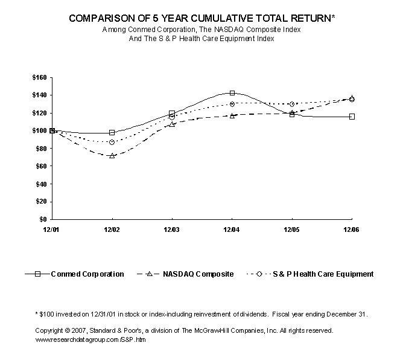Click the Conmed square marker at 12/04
[x=232, y=93]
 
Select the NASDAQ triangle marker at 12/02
[x=112, y=155]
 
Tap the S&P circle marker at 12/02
[x=112, y=142]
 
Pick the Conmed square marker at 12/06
[x=352, y=116]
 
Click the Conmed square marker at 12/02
[x=112, y=132]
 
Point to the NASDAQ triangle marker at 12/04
[x=232, y=115]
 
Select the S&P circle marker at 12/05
[x=292, y=104]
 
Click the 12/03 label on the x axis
[x=172, y=230]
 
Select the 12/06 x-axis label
[x=352, y=230]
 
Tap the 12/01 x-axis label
[x=52, y=230]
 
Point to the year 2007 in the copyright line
[x=77, y=331]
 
